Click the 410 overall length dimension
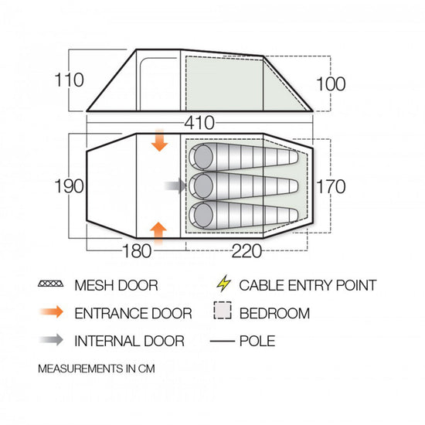point(199,123)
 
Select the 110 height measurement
point(69,80)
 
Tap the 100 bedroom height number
point(331,83)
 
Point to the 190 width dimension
point(69,186)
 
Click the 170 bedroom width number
point(331,186)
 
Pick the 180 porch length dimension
point(137,251)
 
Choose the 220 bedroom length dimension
point(247,251)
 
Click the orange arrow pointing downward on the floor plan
point(159,140)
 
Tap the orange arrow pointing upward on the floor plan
point(158,233)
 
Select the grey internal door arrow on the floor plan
point(175,186)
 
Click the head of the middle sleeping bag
point(203,186)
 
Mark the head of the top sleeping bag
point(203,157)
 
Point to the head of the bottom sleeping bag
point(203,215)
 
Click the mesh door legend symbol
point(51,284)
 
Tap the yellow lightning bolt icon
point(223,284)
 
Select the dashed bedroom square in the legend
point(223,310)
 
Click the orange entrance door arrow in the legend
point(52,311)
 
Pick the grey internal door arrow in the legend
point(52,340)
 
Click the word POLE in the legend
point(257,341)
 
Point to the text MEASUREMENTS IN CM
point(97,369)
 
